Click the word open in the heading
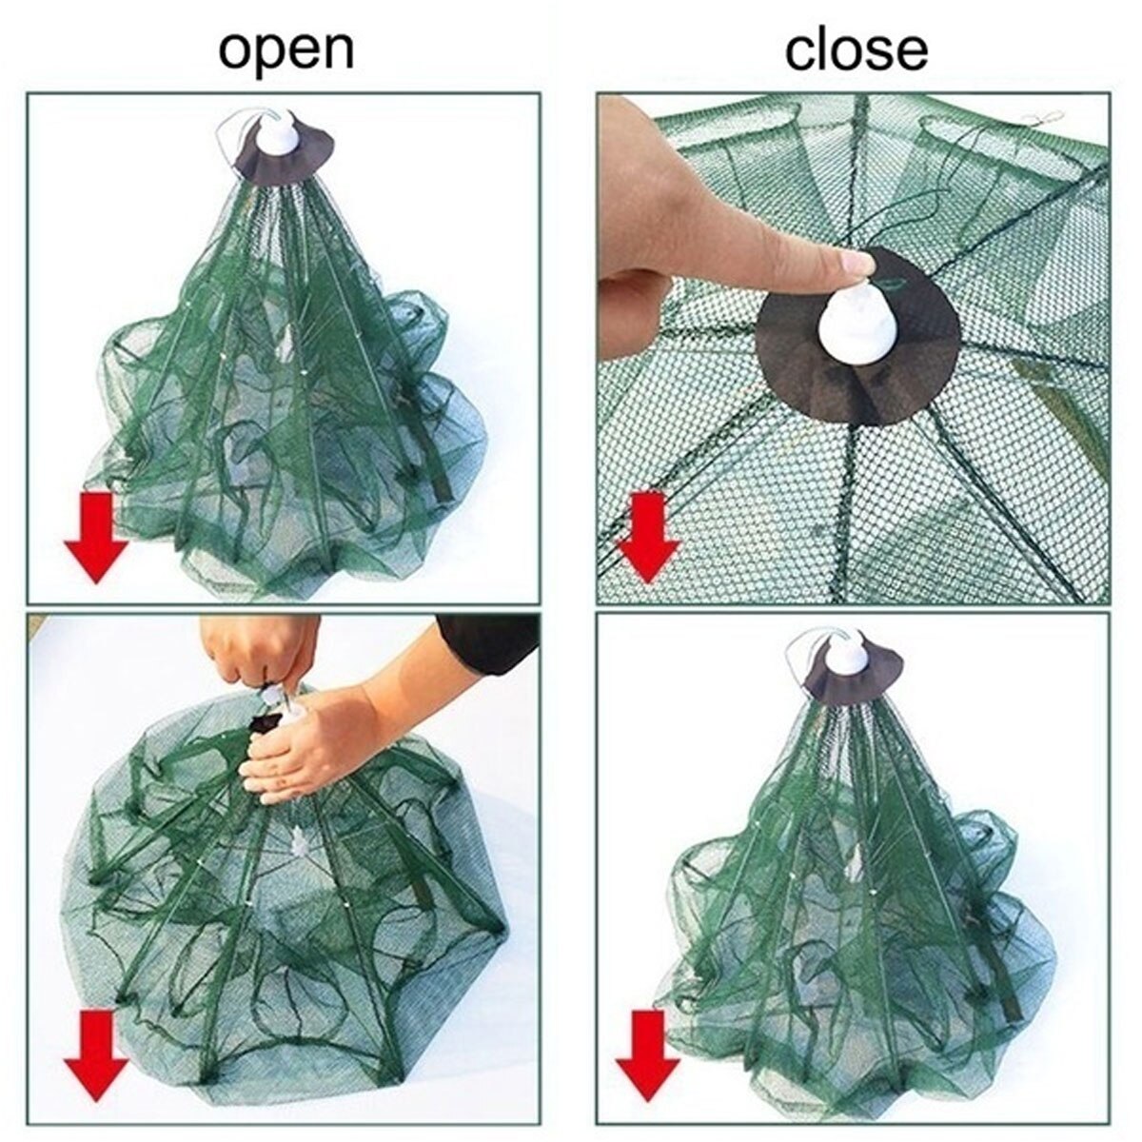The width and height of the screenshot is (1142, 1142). click(x=285, y=49)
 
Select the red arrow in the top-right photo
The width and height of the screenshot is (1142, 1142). click(x=649, y=535)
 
